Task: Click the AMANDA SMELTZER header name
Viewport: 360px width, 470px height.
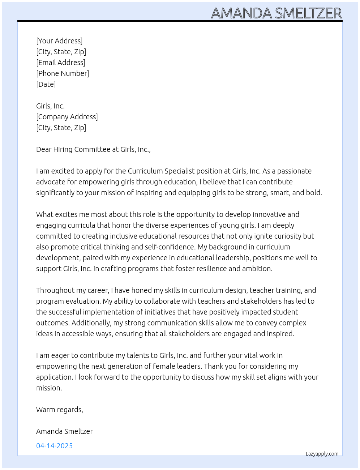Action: [276, 13]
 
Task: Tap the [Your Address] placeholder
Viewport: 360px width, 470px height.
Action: [59, 41]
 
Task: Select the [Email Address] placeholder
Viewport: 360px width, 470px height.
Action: [61, 63]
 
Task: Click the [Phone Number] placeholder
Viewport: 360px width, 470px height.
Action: [63, 73]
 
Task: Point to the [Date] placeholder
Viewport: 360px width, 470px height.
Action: [46, 84]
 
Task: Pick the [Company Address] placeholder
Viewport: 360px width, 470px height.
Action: [67, 117]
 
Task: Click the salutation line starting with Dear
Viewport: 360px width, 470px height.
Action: [93, 149]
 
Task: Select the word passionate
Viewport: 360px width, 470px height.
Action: [292, 171]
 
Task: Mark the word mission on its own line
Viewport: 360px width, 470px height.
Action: [48, 388]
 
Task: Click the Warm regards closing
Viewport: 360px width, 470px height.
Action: [60, 410]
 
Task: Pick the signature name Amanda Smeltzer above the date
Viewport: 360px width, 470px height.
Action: [64, 431]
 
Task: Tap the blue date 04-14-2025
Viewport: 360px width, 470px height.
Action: [55, 446]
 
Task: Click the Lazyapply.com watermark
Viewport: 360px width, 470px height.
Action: [322, 454]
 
